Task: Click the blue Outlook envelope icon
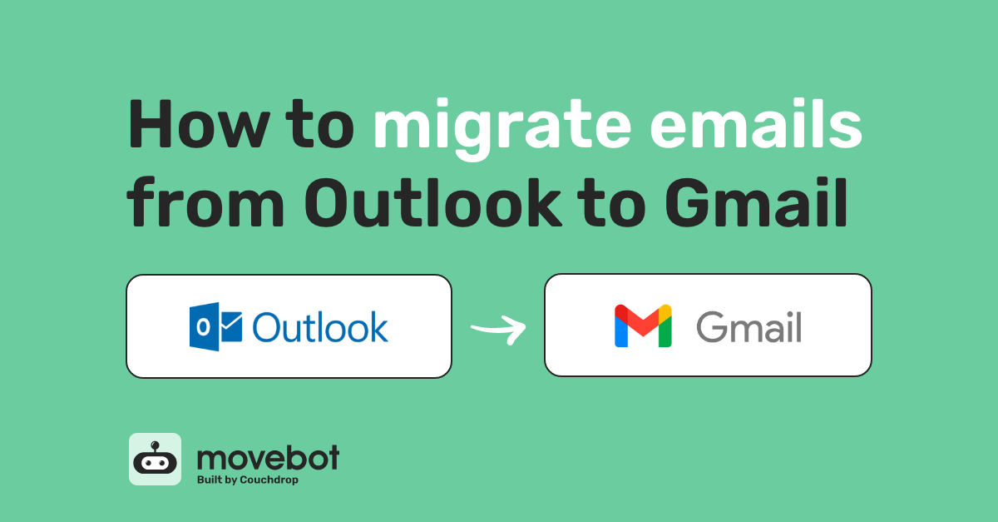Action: (215, 326)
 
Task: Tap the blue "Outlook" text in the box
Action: (320, 327)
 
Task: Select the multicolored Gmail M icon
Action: (643, 326)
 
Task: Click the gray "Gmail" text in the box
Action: (748, 327)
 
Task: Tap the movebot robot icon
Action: (155, 459)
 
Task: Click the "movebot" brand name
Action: (268, 457)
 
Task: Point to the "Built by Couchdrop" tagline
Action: (246, 480)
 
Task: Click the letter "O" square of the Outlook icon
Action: (203, 326)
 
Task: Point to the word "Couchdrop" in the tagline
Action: (269, 480)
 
